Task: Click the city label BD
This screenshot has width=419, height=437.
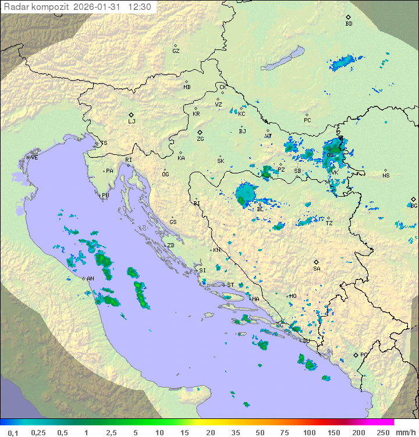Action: [x=349, y=24]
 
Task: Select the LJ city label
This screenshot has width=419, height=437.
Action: [x=132, y=121]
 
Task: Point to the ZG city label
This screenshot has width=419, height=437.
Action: [x=200, y=139]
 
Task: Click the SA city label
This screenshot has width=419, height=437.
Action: [x=317, y=268]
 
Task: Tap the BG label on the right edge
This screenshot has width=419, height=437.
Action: [x=414, y=205]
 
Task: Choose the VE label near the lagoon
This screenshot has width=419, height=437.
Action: [x=34, y=158]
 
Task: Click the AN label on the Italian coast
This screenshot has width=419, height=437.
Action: [x=90, y=279]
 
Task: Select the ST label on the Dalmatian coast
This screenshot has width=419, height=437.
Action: [x=230, y=285]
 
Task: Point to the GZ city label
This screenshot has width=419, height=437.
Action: [x=176, y=51]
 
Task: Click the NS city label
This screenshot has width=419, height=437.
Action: [x=386, y=175]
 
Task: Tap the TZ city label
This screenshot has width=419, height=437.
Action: [x=329, y=223]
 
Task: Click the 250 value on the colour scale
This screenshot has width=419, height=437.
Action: [x=382, y=432]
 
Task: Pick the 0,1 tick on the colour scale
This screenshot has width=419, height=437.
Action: [x=13, y=432]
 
